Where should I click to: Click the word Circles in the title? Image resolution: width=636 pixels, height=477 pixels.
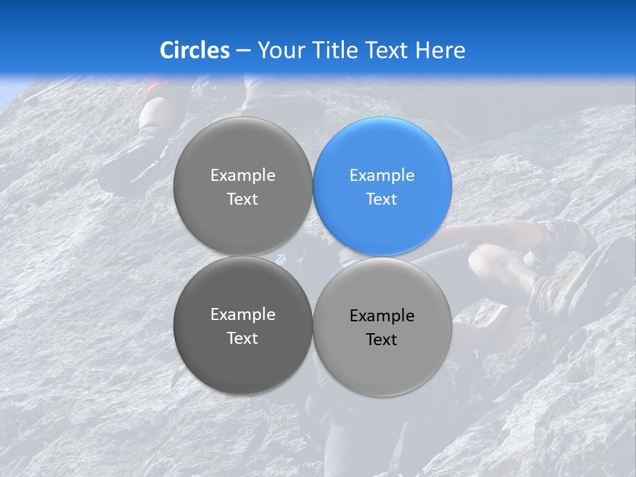pyautogui.click(x=195, y=50)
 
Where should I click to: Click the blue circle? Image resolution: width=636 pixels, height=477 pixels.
pyautogui.click(x=382, y=186)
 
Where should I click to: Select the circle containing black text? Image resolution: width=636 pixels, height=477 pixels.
pyautogui.click(x=382, y=327)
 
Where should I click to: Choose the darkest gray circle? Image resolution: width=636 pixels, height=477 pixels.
pyautogui.click(x=242, y=325)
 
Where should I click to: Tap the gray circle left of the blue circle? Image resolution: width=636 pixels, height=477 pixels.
pyautogui.click(x=242, y=186)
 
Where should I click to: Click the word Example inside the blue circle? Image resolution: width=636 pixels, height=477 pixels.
pyautogui.click(x=382, y=176)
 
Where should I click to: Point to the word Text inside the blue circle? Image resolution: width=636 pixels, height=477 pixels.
pyautogui.click(x=382, y=199)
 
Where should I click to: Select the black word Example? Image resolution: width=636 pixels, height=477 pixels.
pyautogui.click(x=382, y=316)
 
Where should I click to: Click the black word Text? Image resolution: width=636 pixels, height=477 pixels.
pyautogui.click(x=382, y=339)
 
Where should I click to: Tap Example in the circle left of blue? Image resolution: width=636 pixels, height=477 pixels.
pyautogui.click(x=242, y=176)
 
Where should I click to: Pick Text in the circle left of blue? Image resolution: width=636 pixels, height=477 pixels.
pyautogui.click(x=242, y=199)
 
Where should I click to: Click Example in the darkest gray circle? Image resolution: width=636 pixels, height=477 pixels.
pyautogui.click(x=242, y=315)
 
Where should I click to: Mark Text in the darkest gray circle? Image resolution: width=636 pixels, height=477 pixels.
pyautogui.click(x=242, y=338)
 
